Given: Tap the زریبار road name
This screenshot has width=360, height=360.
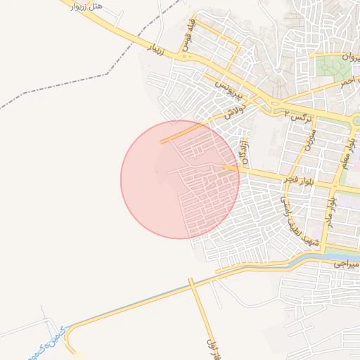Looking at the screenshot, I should click(x=160, y=48).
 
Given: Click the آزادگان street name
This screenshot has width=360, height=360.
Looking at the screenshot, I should click(x=245, y=149).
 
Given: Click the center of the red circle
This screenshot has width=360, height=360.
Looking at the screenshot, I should click(x=180, y=179).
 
